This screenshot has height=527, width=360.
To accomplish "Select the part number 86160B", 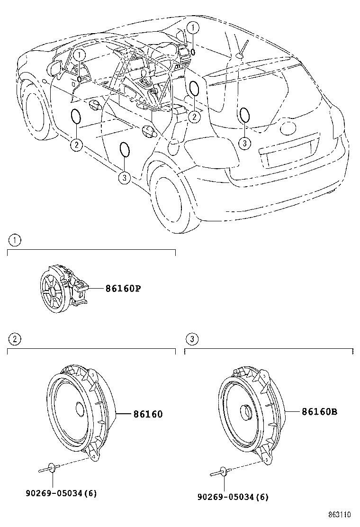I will (x=319, y=412).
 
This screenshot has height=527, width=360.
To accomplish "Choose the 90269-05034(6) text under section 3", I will (x=233, y=497).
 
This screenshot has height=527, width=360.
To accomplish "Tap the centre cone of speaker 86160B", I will (x=246, y=412).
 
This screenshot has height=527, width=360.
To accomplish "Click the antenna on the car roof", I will (x=243, y=48).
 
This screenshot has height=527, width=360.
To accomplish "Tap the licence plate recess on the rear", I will (x=288, y=155).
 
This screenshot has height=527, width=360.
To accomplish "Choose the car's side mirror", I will (x=55, y=67).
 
